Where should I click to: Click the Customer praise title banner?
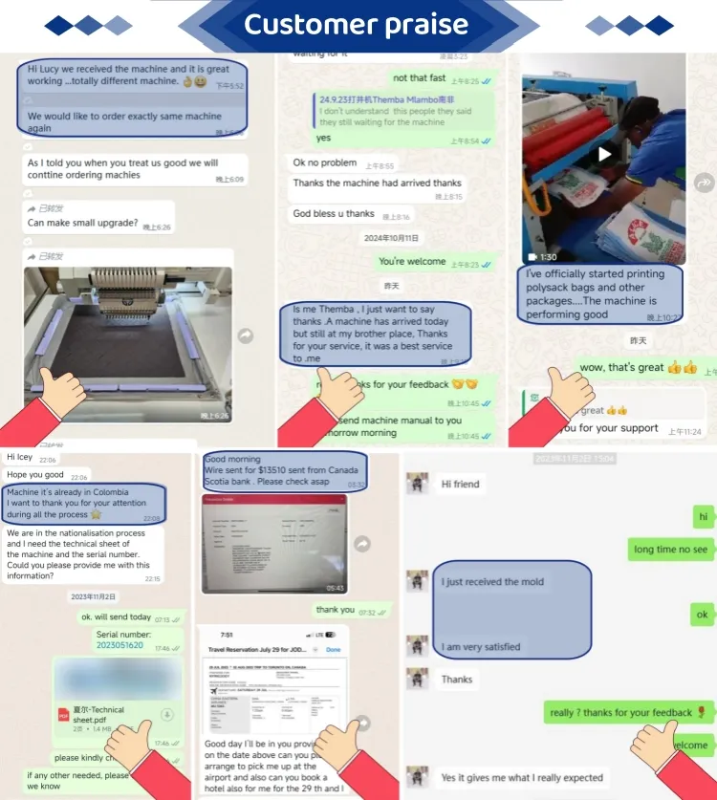point(356,25)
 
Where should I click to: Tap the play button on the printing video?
point(604,154)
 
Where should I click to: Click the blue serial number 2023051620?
point(119,645)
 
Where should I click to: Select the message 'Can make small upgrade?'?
point(84,223)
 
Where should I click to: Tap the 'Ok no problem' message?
point(325,163)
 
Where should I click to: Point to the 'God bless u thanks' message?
point(334,214)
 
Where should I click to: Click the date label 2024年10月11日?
point(391,238)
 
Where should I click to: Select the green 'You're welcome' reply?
point(412,262)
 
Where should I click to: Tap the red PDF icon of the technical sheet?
point(64,714)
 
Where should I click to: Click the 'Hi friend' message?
point(460,485)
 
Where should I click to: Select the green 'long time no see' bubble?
point(670,550)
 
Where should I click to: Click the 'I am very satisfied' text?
point(481,647)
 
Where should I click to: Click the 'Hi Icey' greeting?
point(20,458)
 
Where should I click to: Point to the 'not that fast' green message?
point(419,78)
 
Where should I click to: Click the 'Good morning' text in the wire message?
point(232,459)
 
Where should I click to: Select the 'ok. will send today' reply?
point(116,617)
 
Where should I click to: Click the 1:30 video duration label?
point(548,257)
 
